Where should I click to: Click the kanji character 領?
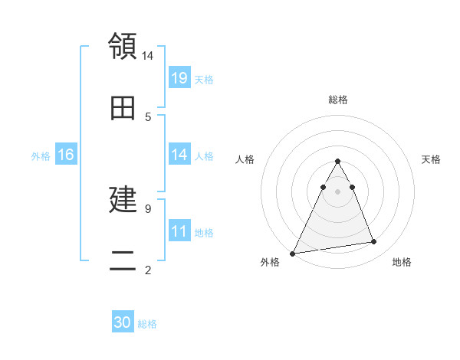click(x=123, y=47)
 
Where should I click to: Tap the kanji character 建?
click(x=123, y=200)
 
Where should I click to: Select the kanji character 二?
click(x=123, y=261)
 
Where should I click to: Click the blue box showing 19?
click(x=179, y=78)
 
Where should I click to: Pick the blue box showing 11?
click(x=179, y=231)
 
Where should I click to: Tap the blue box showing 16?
click(x=66, y=155)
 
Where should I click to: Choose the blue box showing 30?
click(x=123, y=323)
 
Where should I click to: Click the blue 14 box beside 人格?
click(x=179, y=155)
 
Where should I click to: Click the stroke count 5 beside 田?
click(x=147, y=116)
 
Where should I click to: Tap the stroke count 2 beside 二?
click(x=147, y=270)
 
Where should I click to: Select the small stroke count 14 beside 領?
click(x=148, y=55)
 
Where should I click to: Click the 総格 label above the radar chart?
click(x=337, y=100)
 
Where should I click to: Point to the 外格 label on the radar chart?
click(x=270, y=262)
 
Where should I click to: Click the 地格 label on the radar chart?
click(x=402, y=262)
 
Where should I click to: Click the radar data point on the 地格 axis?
click(x=374, y=242)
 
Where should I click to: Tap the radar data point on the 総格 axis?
click(x=337, y=161)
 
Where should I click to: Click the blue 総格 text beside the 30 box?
click(x=147, y=324)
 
